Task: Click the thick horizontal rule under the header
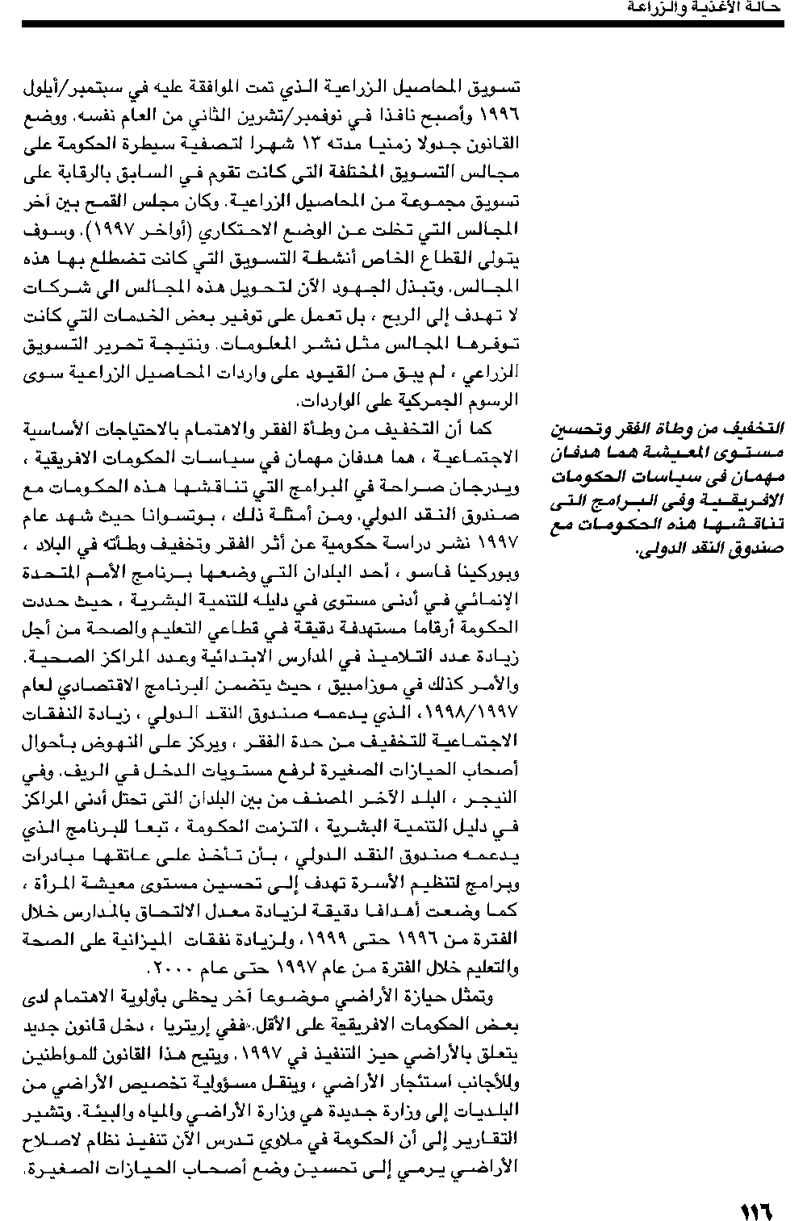tap(403, 24)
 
